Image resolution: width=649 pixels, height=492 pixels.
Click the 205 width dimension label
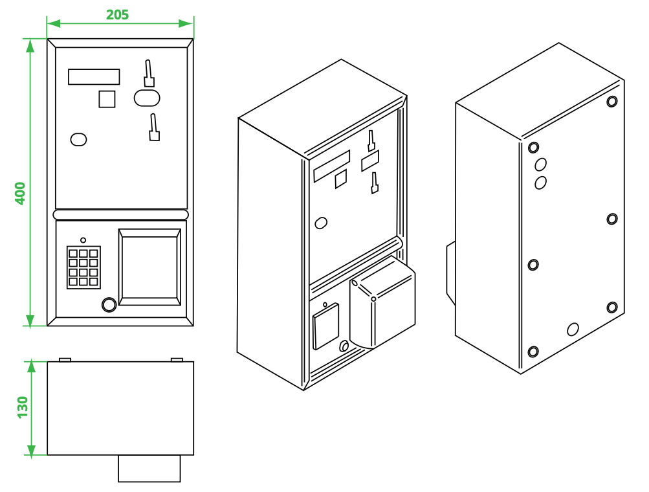[x=118, y=14]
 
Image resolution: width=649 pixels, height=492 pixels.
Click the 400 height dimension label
[x=20, y=193]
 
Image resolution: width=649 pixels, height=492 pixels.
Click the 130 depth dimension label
[x=23, y=407]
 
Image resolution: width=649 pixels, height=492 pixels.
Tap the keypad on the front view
[x=83, y=267]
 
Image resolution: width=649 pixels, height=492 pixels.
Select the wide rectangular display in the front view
[x=94, y=76]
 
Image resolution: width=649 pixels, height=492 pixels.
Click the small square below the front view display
[x=107, y=99]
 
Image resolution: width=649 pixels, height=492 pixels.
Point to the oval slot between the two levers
[x=147, y=98]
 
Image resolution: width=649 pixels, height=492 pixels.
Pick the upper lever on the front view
[x=149, y=73]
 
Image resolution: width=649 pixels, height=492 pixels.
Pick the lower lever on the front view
[x=154, y=127]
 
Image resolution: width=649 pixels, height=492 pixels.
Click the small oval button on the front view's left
[x=79, y=140]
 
